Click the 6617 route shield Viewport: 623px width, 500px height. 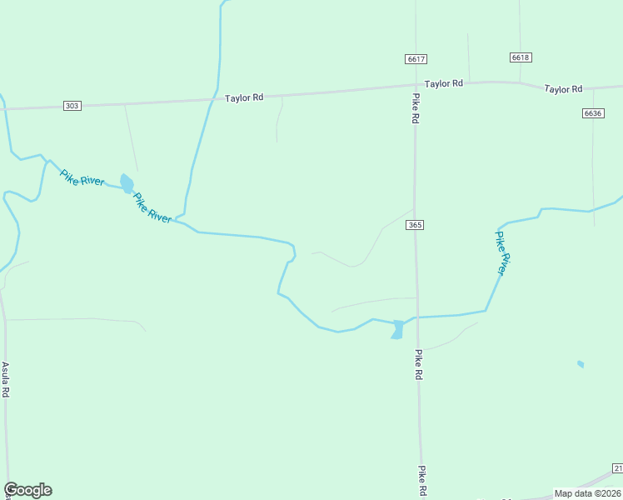417,58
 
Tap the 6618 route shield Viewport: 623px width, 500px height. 521,57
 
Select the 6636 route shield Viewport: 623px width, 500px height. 593,112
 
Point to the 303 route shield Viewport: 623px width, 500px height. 72,106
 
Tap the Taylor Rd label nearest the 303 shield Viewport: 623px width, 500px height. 244,97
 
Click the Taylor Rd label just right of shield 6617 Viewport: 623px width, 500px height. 443,84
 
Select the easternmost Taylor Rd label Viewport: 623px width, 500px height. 563,88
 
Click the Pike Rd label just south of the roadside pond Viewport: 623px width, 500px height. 417,364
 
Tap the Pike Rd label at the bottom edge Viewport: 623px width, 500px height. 422,481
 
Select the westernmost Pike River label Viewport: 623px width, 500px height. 82,177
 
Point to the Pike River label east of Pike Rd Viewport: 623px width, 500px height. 500,252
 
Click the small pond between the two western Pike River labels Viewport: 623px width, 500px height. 127,182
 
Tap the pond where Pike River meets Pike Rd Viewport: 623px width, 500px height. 397,329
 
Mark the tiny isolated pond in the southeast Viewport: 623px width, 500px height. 581,364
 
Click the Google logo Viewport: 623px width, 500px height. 27,490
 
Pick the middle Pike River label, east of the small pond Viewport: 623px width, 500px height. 152,207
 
